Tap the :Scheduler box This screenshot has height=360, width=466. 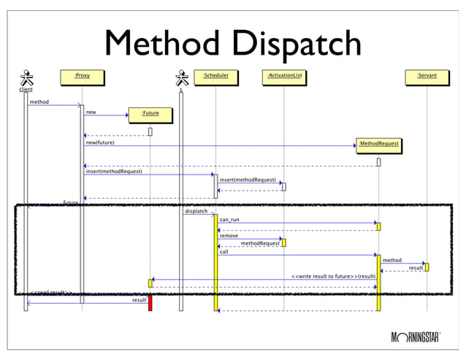[x=215, y=75]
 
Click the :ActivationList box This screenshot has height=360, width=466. [x=284, y=75]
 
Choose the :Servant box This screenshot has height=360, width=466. [x=427, y=75]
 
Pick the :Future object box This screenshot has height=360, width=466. [x=150, y=114]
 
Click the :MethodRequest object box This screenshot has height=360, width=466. [x=378, y=145]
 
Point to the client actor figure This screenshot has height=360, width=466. [x=26, y=78]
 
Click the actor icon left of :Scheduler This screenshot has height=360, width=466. [x=181, y=78]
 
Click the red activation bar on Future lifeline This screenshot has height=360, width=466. [x=150, y=302]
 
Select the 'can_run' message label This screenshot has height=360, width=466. [x=229, y=219]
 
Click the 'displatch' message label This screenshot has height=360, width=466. [x=196, y=211]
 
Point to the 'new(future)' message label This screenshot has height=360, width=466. [x=100, y=142]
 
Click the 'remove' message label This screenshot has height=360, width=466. [x=229, y=235]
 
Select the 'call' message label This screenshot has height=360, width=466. [x=224, y=251]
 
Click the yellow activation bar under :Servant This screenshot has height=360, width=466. [x=427, y=267]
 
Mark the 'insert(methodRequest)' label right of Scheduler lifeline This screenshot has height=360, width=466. [x=248, y=179]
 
